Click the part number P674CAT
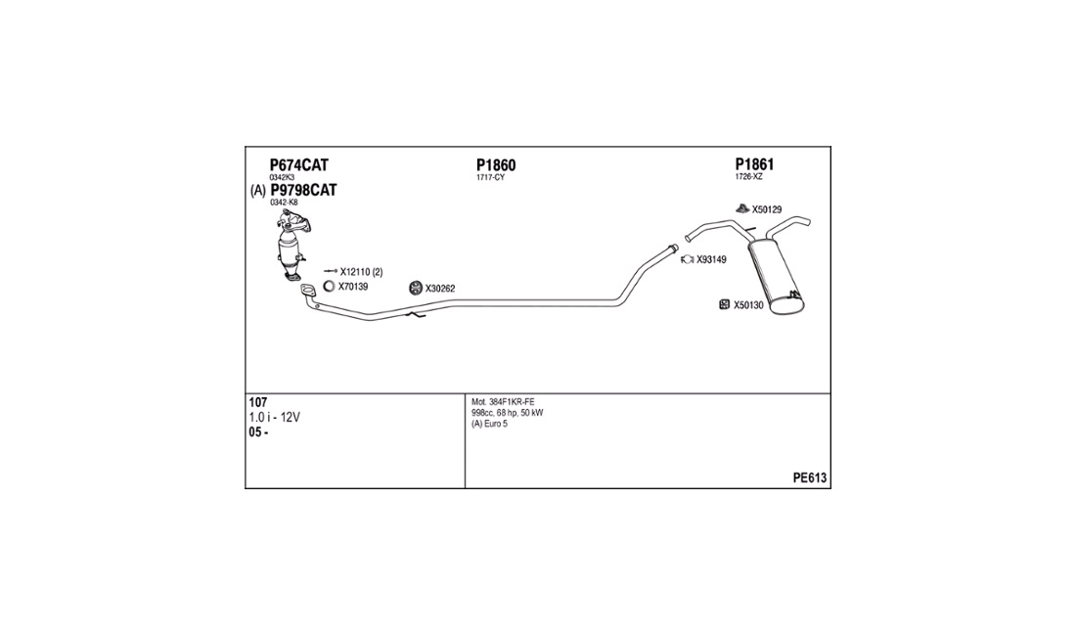[x=298, y=165]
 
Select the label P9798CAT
[x=303, y=190]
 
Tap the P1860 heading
[x=496, y=165]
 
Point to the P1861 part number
[x=754, y=164]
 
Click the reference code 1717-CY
[x=490, y=178]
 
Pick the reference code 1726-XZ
[x=748, y=177]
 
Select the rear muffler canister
[x=777, y=277]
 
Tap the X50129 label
[x=767, y=210]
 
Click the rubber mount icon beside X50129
[x=742, y=208]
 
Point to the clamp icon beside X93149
[x=688, y=259]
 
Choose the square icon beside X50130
[x=724, y=304]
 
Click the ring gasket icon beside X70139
[x=329, y=286]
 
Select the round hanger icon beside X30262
[x=415, y=288]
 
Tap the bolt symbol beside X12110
[x=331, y=272]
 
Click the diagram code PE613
[x=810, y=478]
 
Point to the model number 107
[x=258, y=403]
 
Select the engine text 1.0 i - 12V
[x=274, y=417]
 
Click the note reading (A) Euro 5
[x=489, y=424]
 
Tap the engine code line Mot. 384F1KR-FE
[x=503, y=402]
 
